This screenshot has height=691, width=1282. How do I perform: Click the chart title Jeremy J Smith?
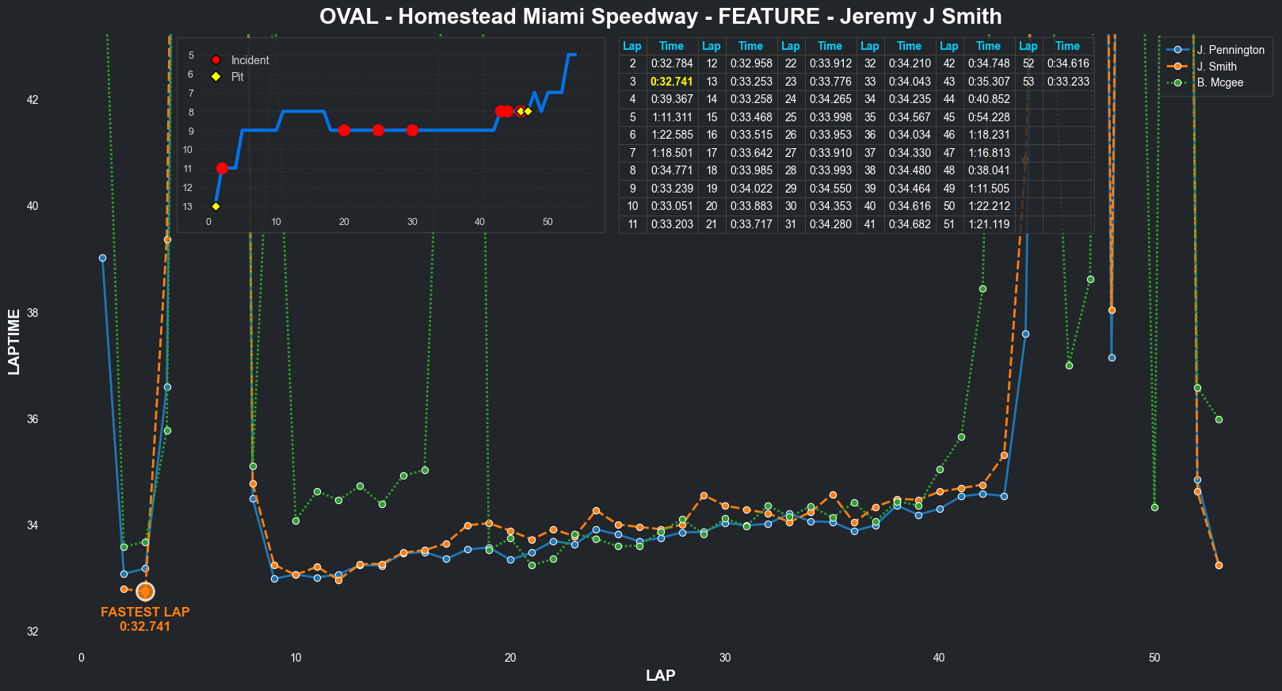[x=660, y=17]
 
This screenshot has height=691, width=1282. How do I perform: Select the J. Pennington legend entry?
[x=1230, y=50]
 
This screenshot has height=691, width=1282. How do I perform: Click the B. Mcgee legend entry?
[x=1220, y=82]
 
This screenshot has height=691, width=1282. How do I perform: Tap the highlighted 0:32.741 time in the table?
[x=671, y=82]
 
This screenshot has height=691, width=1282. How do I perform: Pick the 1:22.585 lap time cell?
[x=671, y=135]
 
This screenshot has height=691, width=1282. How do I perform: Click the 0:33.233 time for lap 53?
[x=1067, y=82]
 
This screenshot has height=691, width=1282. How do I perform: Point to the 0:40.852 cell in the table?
[x=988, y=99]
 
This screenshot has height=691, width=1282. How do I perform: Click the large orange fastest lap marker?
[x=145, y=591]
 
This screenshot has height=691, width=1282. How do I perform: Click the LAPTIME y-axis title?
[x=14, y=342]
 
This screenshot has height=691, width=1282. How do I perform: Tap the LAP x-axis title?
[x=660, y=675]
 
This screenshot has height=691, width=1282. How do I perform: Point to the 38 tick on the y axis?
[x=32, y=313]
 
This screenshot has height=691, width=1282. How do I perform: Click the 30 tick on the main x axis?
[x=725, y=658]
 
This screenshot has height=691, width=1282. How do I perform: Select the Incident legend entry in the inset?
[x=250, y=60]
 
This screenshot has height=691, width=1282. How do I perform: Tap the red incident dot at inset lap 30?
[x=412, y=130]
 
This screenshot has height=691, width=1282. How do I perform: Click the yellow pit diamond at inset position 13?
[x=216, y=206]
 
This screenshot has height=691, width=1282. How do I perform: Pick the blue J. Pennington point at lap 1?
[x=102, y=258]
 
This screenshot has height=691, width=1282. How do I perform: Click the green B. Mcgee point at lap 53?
[x=1219, y=419]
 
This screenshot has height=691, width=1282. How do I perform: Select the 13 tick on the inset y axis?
[x=188, y=207]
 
